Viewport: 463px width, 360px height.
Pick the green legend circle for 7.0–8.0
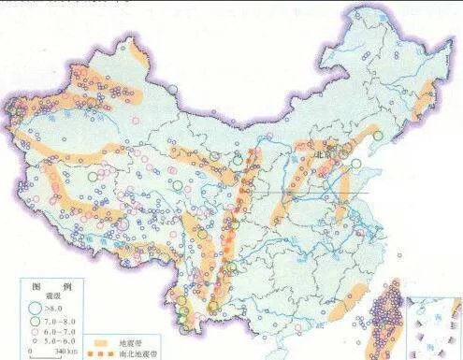point(35,318)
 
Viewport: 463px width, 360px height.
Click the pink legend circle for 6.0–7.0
point(35,330)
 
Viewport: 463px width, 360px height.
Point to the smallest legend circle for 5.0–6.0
point(35,340)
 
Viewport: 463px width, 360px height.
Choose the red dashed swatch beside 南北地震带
point(101,354)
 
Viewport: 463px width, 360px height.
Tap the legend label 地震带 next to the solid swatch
point(131,343)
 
